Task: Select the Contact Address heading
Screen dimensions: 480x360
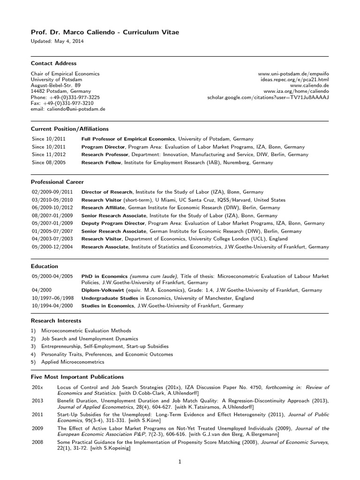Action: coord(53,63)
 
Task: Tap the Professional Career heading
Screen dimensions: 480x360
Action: coord(57,181)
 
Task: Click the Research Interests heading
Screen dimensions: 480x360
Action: coord(56,321)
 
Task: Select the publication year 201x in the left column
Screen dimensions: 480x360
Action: coord(37,387)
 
